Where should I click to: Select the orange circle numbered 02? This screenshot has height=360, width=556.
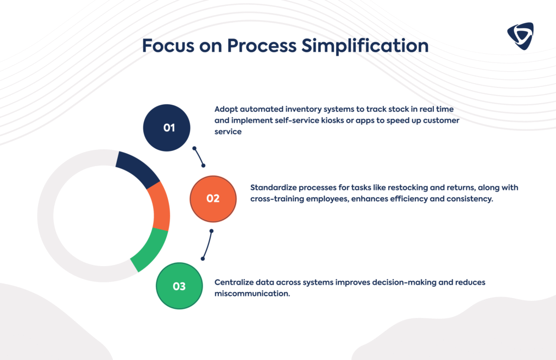pos(213,198)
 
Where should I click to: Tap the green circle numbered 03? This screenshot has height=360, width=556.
pos(179,286)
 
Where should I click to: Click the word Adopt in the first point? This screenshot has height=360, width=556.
pos(226,108)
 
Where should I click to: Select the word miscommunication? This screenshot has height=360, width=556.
pos(252,294)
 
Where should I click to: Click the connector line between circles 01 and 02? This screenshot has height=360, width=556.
pos(199,156)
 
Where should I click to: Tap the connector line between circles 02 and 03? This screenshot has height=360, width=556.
pos(207,245)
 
